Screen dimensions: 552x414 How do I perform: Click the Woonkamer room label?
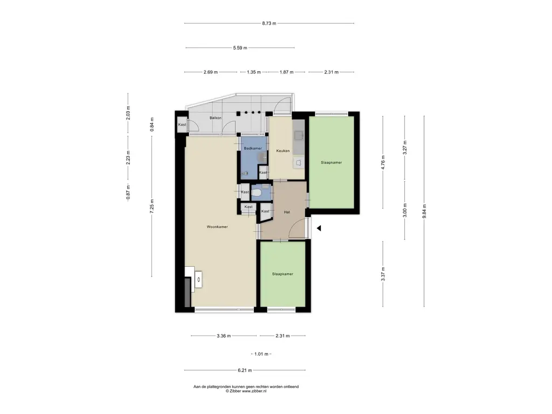[x=217, y=227]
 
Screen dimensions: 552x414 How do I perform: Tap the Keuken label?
[x=283, y=151]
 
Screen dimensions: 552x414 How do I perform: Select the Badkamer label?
[x=253, y=149]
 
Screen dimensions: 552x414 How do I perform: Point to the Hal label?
[x=287, y=212]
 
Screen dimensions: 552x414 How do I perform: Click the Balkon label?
[x=216, y=118]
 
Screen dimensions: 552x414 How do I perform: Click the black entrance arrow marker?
[x=319, y=229]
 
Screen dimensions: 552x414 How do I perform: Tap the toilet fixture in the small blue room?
[x=257, y=192]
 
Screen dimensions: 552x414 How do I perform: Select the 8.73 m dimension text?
[x=269, y=24]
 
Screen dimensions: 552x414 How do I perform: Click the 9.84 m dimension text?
[x=424, y=211]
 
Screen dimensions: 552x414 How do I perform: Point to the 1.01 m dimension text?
[x=261, y=354]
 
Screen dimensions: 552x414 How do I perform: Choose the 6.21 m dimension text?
[x=245, y=370]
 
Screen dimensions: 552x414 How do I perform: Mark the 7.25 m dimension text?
[x=152, y=206]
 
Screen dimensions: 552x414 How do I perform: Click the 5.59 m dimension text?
[x=240, y=48]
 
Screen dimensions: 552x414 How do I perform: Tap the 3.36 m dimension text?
[x=224, y=336]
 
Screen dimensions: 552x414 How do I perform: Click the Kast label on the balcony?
[x=182, y=125]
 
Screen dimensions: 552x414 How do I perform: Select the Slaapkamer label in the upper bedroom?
[x=332, y=163]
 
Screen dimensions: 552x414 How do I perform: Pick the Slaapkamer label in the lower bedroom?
[x=282, y=274]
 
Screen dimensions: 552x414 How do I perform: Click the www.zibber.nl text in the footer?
[x=254, y=391]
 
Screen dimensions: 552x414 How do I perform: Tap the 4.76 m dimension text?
[x=383, y=162]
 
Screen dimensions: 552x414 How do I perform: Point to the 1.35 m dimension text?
[x=253, y=72]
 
